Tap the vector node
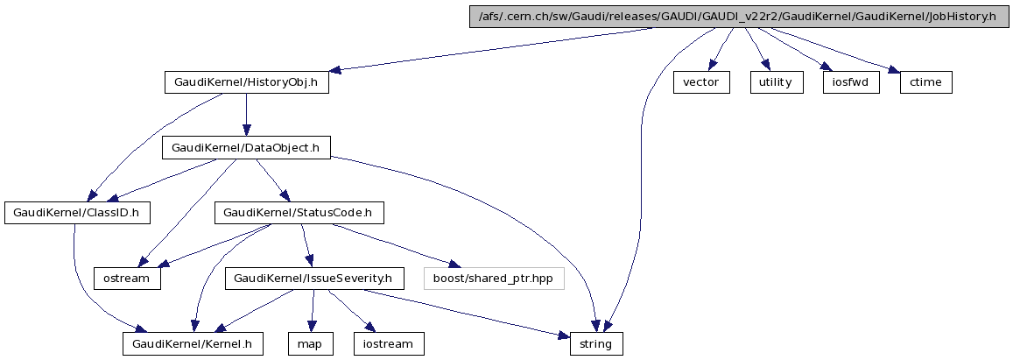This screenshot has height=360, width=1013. point(700,82)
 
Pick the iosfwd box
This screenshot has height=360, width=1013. point(850,82)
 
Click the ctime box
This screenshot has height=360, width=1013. point(925,82)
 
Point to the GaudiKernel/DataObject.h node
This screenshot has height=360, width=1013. point(246,148)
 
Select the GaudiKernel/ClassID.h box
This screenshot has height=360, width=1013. point(78,213)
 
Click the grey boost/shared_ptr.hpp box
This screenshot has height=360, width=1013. point(494,279)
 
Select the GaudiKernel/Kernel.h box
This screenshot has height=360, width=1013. point(193,344)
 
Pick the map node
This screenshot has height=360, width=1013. point(310,344)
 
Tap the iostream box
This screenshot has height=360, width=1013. point(387,344)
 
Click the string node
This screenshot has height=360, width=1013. point(596,344)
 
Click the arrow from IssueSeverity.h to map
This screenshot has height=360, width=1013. point(313,311)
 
